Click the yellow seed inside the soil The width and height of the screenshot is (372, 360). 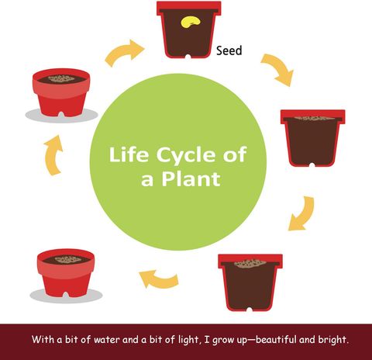point(191,22)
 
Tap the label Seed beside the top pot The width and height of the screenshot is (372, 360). point(229,50)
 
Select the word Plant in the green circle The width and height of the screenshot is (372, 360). point(191,179)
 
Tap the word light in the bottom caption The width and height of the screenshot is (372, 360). point(189,340)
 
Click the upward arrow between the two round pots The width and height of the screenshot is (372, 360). point(53,156)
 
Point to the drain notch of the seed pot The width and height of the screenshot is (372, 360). point(188,57)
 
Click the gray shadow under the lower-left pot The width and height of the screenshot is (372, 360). point(66,296)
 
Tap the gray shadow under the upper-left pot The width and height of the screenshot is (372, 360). point(61,116)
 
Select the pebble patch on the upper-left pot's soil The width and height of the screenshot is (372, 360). point(61,78)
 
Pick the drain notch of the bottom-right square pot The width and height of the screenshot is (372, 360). point(250,310)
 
